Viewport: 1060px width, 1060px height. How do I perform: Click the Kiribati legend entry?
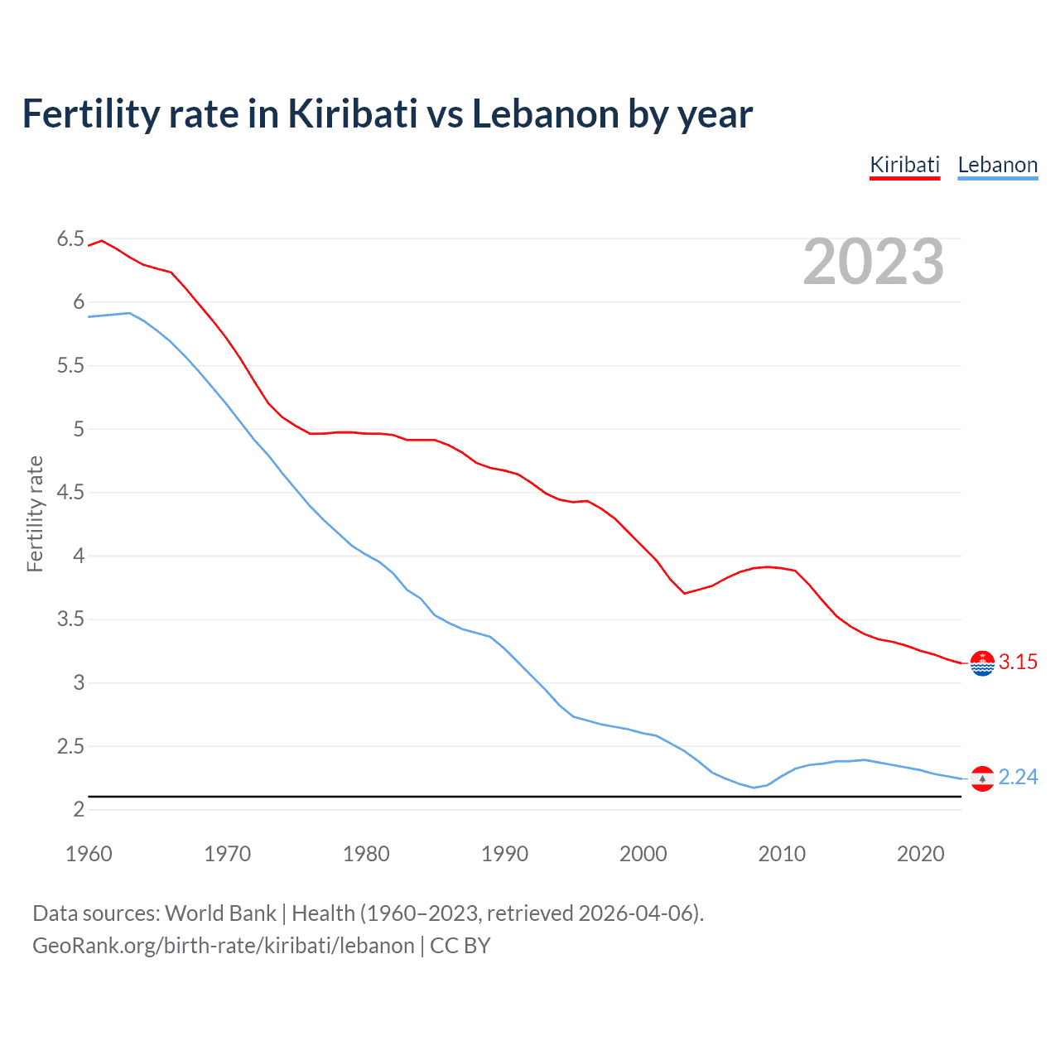coord(904,165)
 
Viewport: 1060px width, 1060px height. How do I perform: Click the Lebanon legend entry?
coord(997,165)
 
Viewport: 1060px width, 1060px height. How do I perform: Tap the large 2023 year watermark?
coord(874,262)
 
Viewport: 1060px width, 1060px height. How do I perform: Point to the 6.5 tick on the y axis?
coord(70,239)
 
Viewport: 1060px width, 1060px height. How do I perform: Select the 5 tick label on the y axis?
coord(79,429)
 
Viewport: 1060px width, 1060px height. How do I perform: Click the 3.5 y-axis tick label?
coord(70,619)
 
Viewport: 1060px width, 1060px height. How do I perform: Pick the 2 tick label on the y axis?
coord(79,809)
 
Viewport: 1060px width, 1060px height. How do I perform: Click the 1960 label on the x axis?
coord(89,854)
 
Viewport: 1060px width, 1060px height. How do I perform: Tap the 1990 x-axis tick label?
coord(504,854)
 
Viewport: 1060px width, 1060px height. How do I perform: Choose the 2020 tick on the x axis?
coord(920,854)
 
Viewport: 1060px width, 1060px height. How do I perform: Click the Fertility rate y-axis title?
coord(35,513)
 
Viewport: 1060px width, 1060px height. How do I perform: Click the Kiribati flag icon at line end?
coord(982,662)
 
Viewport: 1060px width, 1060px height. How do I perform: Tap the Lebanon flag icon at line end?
coord(982,778)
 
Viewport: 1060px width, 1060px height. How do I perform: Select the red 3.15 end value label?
coord(1018,662)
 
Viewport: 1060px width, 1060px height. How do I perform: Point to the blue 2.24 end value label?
coord(1018,777)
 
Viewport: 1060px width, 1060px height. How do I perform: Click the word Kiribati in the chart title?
coord(352,113)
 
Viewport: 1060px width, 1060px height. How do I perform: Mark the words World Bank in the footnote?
coord(220,913)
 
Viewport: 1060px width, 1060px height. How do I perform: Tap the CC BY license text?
coord(460,946)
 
